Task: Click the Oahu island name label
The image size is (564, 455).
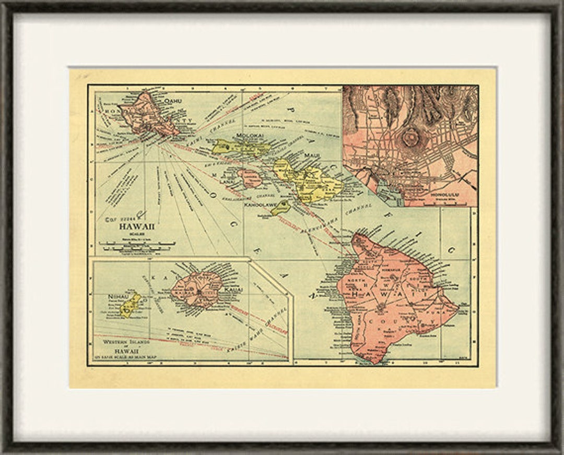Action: [172, 101]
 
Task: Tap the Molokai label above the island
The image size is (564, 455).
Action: [249, 136]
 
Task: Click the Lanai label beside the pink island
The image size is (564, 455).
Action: [228, 181]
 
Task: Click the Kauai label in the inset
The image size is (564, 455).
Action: [232, 289]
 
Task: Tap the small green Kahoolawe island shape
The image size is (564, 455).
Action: [281, 208]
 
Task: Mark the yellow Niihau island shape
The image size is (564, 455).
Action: [130, 305]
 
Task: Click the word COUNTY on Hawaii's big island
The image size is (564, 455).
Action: [408, 318]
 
